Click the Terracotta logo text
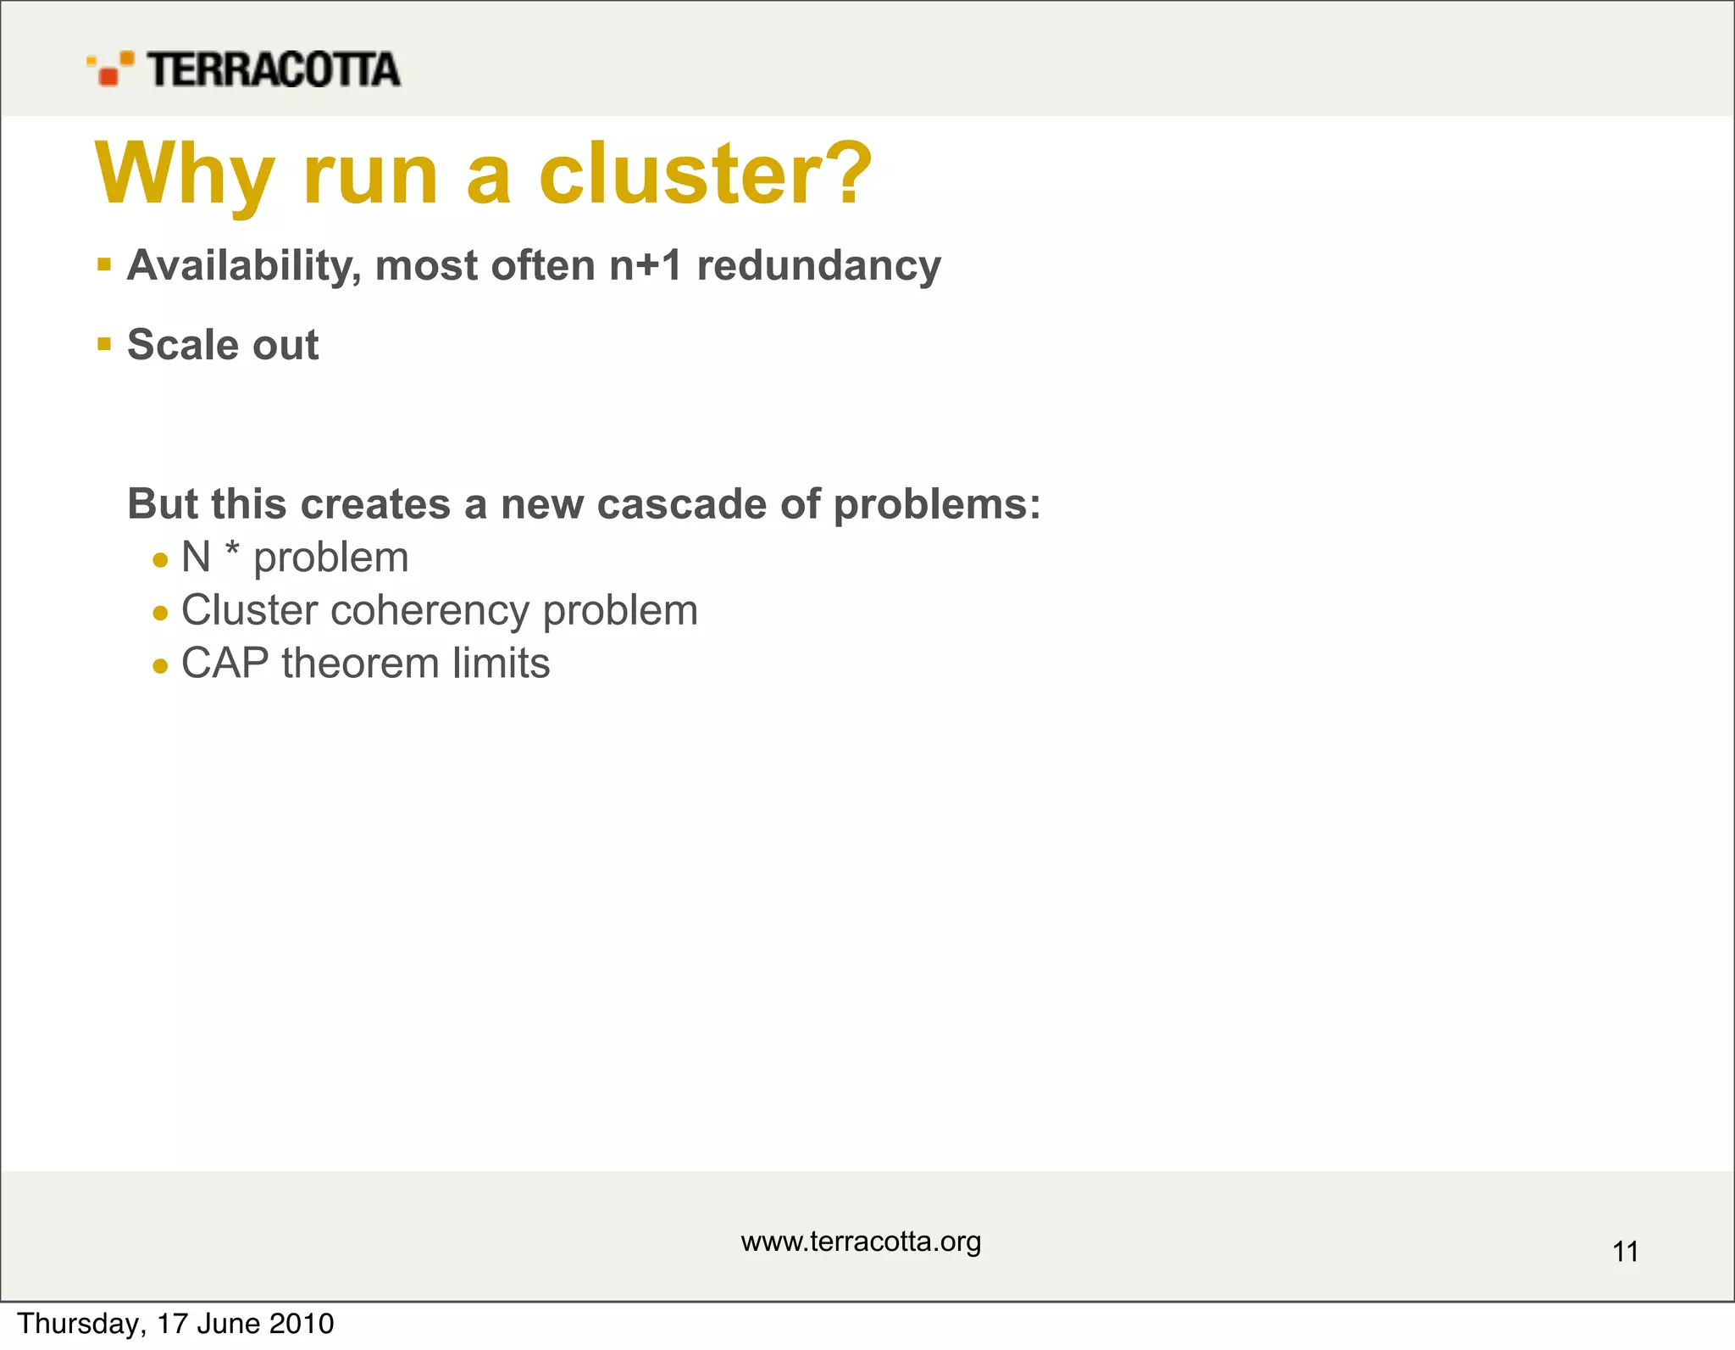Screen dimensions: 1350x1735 click(273, 69)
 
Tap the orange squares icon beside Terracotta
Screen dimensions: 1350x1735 click(110, 69)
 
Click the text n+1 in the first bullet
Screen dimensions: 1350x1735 click(646, 265)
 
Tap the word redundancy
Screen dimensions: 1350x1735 click(818, 266)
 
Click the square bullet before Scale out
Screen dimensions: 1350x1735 click(104, 344)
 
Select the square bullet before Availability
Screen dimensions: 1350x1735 click(104, 265)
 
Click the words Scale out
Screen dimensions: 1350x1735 click(223, 345)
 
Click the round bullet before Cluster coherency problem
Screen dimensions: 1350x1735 click(161, 613)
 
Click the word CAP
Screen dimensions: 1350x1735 click(225, 664)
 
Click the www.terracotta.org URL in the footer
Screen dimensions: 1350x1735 click(861, 1242)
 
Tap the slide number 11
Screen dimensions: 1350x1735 click(1625, 1252)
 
